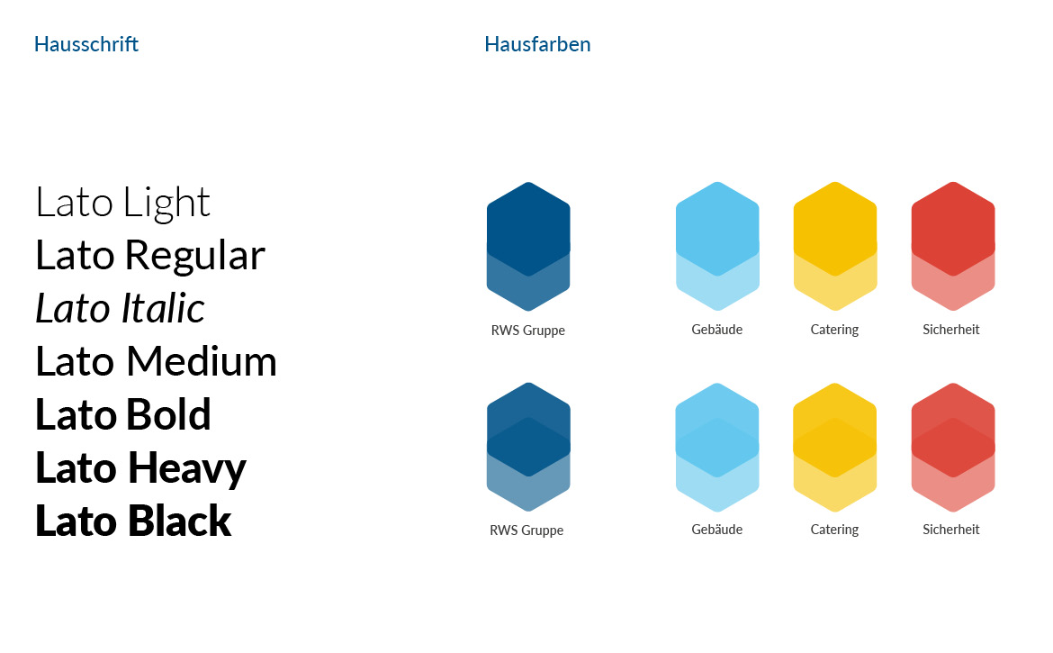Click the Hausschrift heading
(x=86, y=44)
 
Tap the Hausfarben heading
(x=537, y=44)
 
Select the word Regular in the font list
(x=194, y=256)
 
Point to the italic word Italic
(x=162, y=308)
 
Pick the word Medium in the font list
(x=202, y=361)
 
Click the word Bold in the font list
(x=168, y=413)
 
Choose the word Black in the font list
(x=179, y=521)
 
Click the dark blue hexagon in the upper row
(x=528, y=246)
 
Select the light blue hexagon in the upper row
(x=717, y=246)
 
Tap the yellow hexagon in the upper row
(x=834, y=246)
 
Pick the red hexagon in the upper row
(x=953, y=246)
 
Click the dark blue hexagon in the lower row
(x=528, y=447)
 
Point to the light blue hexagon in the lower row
(x=717, y=447)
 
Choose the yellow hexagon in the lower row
(x=834, y=447)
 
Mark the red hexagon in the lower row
(x=953, y=447)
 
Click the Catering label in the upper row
(x=834, y=330)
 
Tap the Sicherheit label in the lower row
(x=951, y=530)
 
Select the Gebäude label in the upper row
(x=717, y=329)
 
